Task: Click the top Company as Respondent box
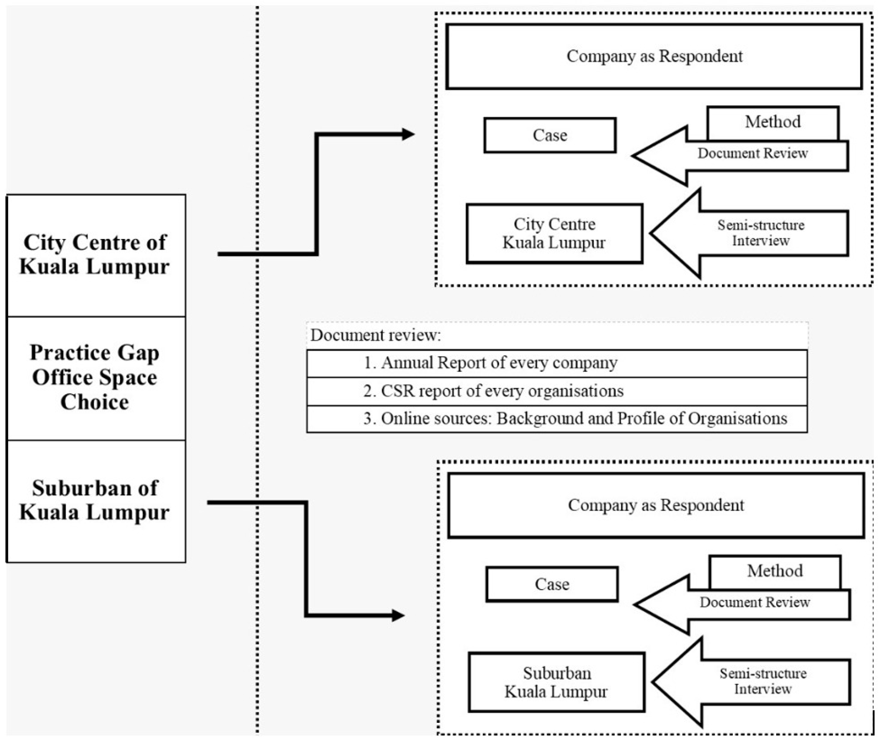click(x=654, y=56)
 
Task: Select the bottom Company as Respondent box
click(x=656, y=505)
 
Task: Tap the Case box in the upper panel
click(x=550, y=135)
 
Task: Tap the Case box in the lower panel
click(x=552, y=584)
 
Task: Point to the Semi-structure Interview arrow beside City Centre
click(x=755, y=233)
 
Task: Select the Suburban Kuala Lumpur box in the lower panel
click(x=556, y=682)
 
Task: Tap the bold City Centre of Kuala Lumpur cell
click(x=96, y=255)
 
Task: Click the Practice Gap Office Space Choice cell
click(x=96, y=378)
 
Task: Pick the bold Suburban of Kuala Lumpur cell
click(x=96, y=501)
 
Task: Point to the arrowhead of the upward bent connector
click(x=408, y=134)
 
